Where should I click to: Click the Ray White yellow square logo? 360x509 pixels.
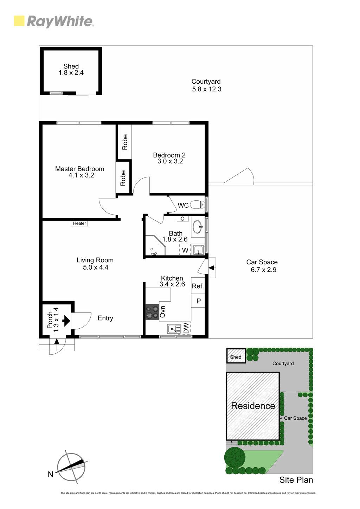click(x=19, y=21)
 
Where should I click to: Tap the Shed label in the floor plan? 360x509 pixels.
click(x=71, y=66)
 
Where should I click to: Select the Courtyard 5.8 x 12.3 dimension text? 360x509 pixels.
click(x=207, y=89)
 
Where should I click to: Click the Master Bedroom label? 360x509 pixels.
click(x=79, y=169)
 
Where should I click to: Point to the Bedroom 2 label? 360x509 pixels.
click(x=169, y=155)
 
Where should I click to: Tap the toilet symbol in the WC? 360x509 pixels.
click(x=197, y=205)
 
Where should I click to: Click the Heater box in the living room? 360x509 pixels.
click(x=79, y=223)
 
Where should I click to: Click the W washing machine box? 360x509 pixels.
click(x=185, y=250)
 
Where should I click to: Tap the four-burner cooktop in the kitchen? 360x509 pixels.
click(x=152, y=312)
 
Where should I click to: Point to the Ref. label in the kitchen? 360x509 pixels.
click(x=198, y=286)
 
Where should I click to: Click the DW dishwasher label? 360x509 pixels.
click(x=186, y=328)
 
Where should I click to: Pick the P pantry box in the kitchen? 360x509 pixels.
click(x=198, y=301)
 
